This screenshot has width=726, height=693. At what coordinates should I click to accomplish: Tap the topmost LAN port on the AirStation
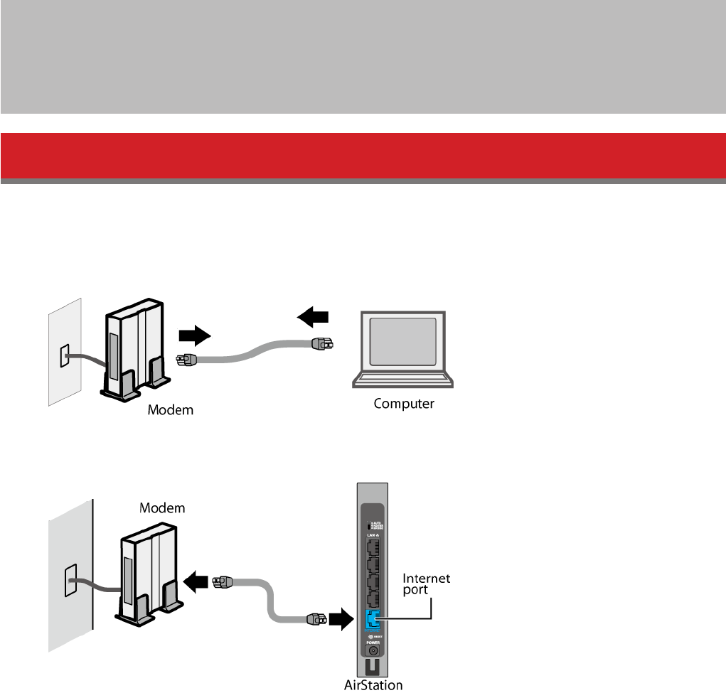coord(372,547)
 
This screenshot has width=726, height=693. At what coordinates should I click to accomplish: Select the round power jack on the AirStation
coord(373,650)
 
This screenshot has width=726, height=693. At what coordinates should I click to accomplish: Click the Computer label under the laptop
coord(404,404)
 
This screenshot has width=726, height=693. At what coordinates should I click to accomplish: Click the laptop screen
coord(402,342)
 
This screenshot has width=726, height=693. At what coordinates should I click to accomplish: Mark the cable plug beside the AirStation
coord(316,618)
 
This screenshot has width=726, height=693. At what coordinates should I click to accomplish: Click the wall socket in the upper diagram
coord(64,356)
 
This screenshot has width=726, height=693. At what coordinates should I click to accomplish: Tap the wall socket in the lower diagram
coord(70,580)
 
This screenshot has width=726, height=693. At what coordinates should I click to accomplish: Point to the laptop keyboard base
coord(402,379)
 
